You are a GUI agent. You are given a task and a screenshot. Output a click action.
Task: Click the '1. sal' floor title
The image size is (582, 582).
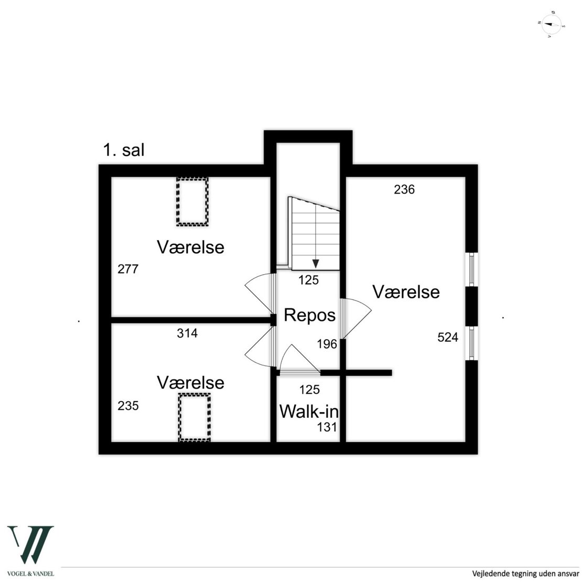click(124, 150)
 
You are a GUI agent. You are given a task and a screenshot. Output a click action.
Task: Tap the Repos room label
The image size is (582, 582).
click(309, 315)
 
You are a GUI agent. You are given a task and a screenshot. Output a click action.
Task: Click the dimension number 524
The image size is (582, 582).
click(448, 338)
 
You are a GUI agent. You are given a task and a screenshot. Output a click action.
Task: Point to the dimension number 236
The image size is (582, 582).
click(404, 190)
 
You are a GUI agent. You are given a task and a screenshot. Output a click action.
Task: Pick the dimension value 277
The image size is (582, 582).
click(128, 270)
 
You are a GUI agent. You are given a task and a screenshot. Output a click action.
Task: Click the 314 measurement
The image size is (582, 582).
click(187, 333)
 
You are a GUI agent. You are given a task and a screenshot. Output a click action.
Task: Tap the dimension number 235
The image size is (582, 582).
click(128, 406)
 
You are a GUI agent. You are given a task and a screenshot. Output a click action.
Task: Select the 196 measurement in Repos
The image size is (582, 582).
click(327, 344)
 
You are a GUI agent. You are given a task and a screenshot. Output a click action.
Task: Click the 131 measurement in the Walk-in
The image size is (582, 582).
click(327, 427)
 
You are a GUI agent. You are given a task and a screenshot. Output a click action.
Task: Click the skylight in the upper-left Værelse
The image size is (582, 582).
click(192, 201)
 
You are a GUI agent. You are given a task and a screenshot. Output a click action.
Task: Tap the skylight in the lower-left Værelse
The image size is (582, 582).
click(194, 417)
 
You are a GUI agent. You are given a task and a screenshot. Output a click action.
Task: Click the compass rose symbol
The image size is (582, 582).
click(551, 24)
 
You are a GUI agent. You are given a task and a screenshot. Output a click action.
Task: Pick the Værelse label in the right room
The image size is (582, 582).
click(406, 292)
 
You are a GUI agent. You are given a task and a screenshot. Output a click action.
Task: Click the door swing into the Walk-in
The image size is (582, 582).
click(298, 361)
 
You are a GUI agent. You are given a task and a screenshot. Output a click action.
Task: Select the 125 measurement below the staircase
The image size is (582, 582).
click(309, 281)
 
